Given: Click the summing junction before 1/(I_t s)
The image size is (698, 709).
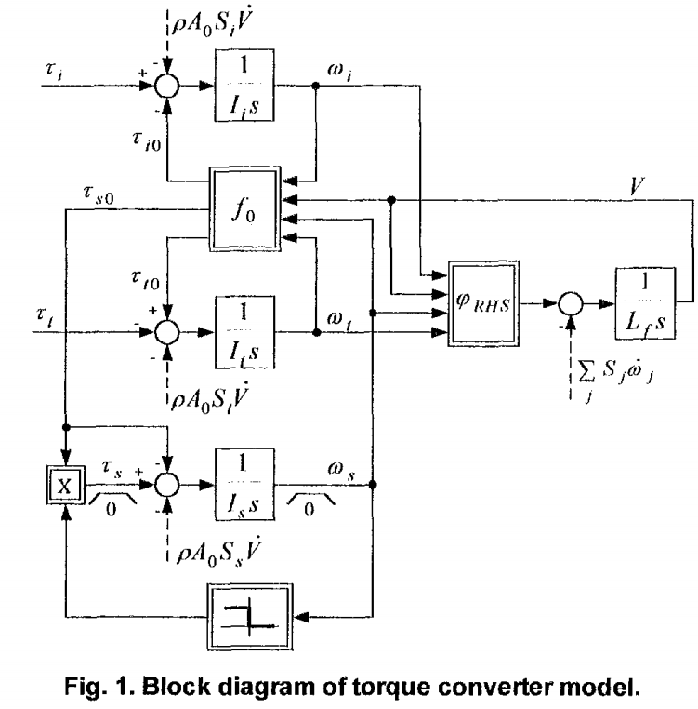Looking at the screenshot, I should [x=167, y=330].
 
